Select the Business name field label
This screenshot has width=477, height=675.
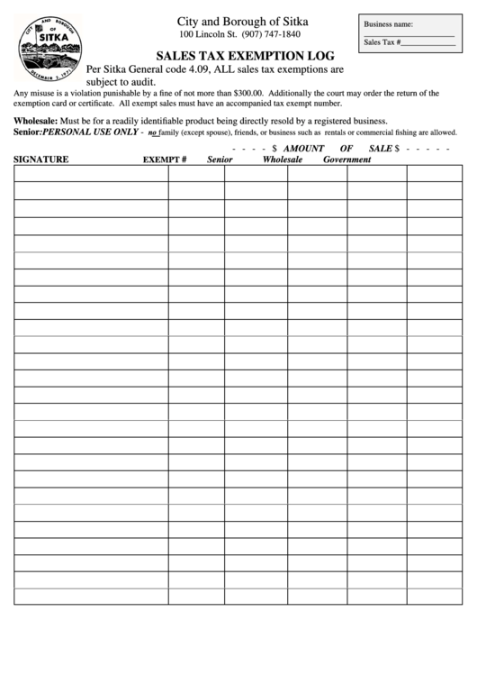tap(389, 25)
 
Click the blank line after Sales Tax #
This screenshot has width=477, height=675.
tap(429, 42)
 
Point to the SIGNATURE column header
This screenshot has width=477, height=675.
tap(41, 160)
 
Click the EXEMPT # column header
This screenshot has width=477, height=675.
tap(165, 160)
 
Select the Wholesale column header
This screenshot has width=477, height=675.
tap(282, 160)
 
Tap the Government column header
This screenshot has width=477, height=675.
tap(341, 160)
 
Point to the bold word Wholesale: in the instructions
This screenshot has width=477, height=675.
tap(36, 121)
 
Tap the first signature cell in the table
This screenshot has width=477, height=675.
tap(90, 174)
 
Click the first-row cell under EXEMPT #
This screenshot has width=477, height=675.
tap(195, 174)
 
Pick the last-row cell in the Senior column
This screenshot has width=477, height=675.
tap(256, 596)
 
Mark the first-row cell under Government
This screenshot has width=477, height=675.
tap(376, 174)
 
